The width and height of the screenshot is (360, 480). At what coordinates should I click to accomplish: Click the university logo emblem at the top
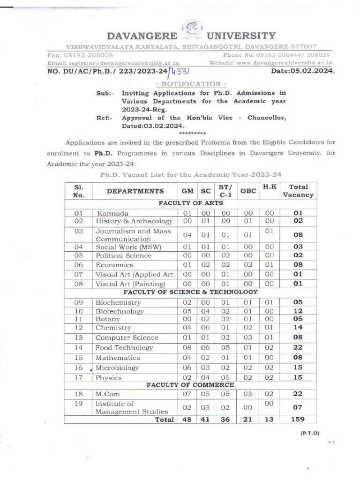(192, 29)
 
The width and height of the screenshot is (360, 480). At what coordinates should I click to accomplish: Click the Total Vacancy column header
(298, 191)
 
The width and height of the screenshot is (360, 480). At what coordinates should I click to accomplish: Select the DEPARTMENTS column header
(135, 191)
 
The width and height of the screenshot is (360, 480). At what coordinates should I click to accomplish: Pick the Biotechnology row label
(120, 311)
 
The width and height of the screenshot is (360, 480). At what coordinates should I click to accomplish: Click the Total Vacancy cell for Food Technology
(298, 348)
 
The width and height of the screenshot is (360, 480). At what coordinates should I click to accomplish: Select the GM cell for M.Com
(187, 395)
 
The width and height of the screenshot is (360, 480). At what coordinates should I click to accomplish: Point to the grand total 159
(298, 420)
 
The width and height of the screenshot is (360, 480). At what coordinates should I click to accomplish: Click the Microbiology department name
(117, 368)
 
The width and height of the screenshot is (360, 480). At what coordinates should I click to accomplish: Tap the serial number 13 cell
(78, 337)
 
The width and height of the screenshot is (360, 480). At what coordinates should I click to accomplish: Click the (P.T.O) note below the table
(310, 434)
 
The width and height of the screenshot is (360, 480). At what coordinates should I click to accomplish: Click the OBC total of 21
(248, 420)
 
